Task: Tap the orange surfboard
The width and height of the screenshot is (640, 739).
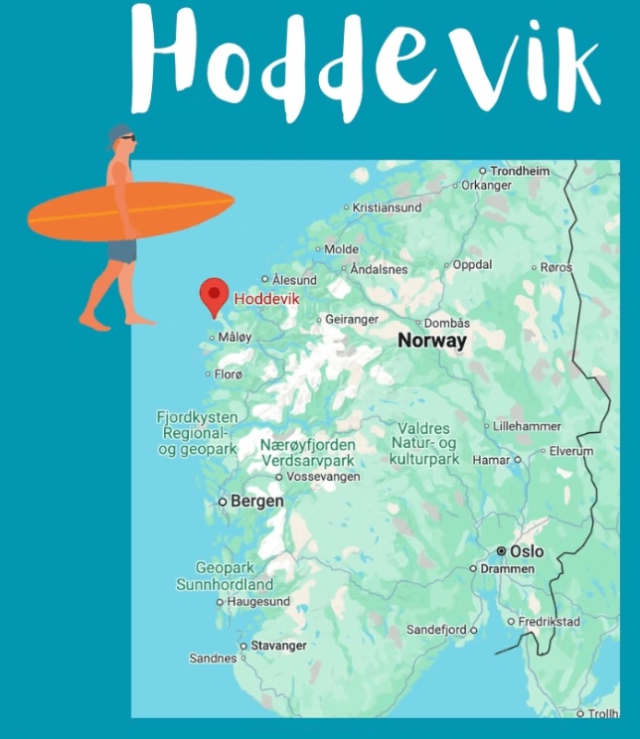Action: click(x=129, y=212)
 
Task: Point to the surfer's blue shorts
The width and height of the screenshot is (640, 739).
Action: click(x=121, y=249)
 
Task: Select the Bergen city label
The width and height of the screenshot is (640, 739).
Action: click(x=256, y=502)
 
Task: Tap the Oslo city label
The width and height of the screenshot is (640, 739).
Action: click(x=527, y=551)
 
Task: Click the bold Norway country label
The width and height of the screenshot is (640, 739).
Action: click(x=431, y=341)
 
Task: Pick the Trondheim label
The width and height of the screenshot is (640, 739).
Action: click(x=520, y=171)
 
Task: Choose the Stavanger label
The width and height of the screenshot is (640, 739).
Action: click(x=278, y=646)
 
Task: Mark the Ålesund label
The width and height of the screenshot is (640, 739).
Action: click(x=295, y=280)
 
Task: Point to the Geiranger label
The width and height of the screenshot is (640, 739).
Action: click(x=354, y=320)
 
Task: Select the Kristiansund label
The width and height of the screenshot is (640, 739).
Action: click(x=388, y=208)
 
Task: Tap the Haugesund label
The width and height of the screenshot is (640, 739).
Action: click(x=258, y=602)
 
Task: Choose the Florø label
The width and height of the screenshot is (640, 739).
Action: click(x=229, y=374)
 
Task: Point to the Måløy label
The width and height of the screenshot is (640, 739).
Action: click(x=236, y=338)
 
